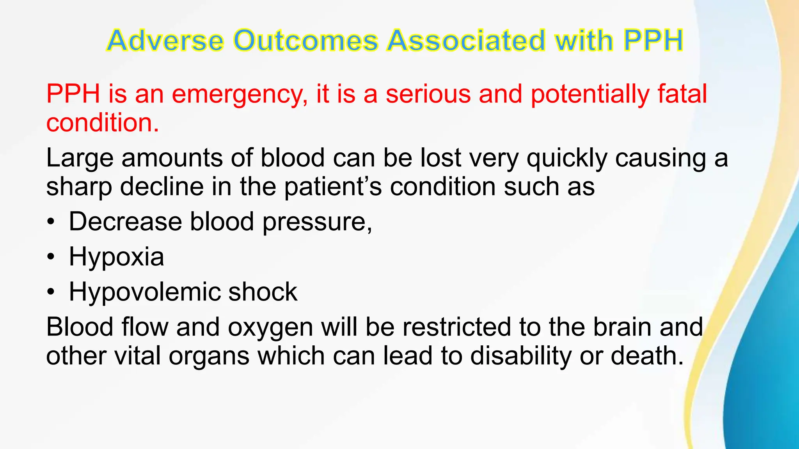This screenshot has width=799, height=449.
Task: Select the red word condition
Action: pos(102,123)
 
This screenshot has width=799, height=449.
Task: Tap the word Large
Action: pos(80,159)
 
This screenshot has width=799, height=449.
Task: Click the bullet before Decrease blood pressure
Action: pos(50,222)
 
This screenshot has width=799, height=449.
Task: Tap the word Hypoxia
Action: pos(116,257)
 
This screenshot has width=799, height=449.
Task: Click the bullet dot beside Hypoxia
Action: pos(50,257)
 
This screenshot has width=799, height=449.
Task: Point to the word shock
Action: pos(263,292)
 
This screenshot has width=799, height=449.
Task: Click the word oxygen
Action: pos(270,327)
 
